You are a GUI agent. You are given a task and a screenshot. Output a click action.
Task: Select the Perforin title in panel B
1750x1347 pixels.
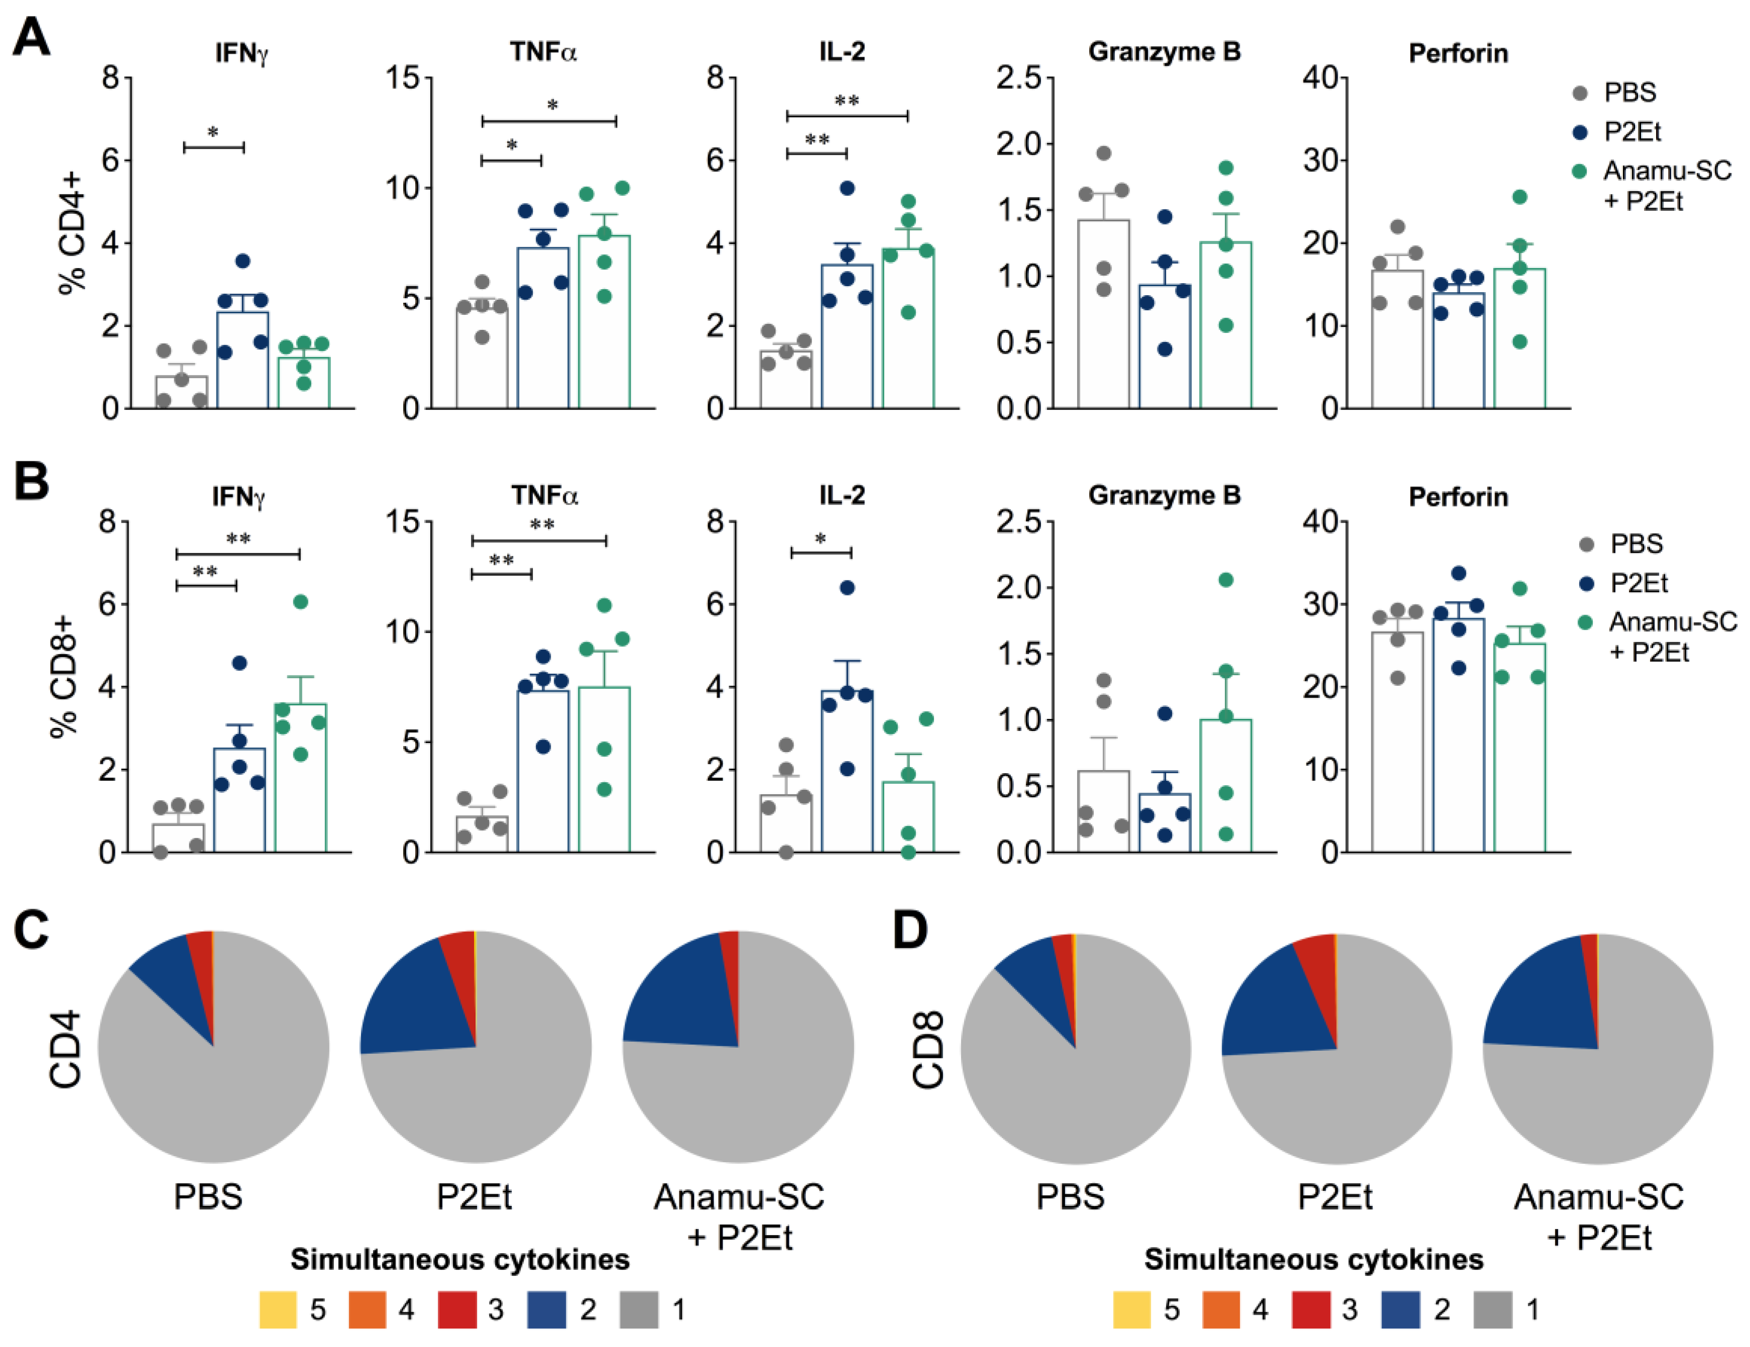click(x=1458, y=497)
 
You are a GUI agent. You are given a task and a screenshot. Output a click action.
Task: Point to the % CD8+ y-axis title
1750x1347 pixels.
click(x=64, y=677)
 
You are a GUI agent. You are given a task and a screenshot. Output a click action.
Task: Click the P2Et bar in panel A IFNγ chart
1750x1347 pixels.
click(x=242, y=360)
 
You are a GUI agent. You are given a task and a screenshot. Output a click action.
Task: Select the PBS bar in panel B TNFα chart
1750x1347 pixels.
click(x=482, y=833)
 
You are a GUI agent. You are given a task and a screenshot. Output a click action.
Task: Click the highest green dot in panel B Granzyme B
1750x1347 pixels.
click(x=1225, y=579)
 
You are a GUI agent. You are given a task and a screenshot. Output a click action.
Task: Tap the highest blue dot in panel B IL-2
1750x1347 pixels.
click(x=847, y=587)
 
